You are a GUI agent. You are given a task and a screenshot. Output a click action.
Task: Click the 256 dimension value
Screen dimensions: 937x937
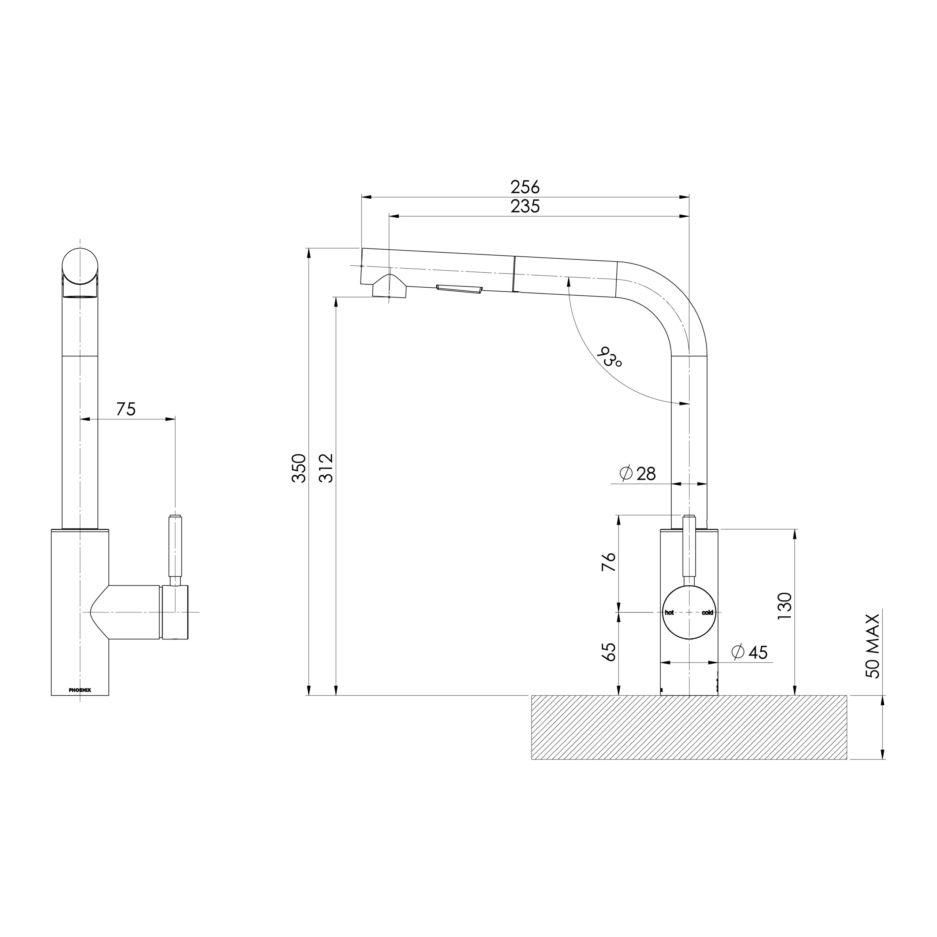[525, 187]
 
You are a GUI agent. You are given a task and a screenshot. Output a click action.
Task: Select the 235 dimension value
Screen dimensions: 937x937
[525, 206]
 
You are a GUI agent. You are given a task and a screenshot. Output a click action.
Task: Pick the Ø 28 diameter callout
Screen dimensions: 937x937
[638, 473]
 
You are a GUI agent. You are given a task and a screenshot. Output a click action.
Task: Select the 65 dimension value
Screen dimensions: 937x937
[609, 652]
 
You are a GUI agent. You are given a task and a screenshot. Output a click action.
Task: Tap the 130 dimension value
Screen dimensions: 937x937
[784, 606]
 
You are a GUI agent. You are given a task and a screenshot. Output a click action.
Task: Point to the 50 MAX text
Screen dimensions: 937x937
[873, 646]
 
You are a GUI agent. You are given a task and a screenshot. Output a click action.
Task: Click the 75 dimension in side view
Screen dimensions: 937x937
[126, 409]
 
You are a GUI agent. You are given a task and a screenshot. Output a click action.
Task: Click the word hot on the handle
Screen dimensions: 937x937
[669, 613]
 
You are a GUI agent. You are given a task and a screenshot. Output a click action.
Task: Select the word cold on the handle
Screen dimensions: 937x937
[708, 613]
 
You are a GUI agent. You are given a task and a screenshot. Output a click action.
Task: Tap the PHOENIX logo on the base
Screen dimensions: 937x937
[80, 690]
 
